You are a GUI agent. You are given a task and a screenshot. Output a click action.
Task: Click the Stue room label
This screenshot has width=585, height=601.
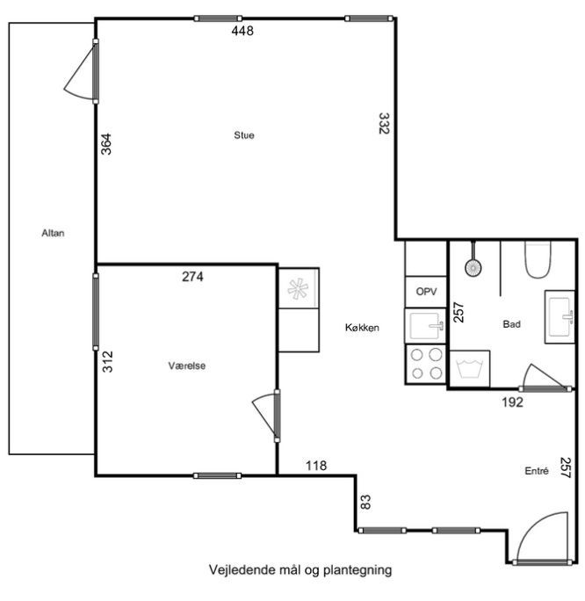click(x=244, y=135)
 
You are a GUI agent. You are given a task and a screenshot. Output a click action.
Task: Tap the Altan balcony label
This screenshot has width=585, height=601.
click(x=53, y=233)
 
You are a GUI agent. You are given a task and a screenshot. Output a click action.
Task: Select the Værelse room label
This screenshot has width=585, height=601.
click(x=187, y=366)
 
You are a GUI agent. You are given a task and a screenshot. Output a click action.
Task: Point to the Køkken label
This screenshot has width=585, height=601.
click(x=362, y=328)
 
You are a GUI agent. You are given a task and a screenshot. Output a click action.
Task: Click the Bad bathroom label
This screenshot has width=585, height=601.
click(x=511, y=324)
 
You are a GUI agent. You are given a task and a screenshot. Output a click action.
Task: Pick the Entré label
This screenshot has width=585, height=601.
click(x=537, y=471)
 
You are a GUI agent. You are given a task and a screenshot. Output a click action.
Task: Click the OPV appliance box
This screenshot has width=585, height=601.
click(x=426, y=292)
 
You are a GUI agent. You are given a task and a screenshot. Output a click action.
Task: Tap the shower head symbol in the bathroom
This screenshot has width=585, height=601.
click(x=473, y=267)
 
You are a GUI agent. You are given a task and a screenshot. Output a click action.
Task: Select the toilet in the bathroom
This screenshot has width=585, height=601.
click(x=538, y=259)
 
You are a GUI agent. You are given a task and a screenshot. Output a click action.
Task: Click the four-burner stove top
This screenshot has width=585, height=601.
click(x=426, y=364)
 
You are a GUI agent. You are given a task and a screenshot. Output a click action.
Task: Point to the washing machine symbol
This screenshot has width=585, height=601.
click(x=470, y=369)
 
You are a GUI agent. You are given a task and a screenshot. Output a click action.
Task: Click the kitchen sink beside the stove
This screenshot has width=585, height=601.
click(x=426, y=326)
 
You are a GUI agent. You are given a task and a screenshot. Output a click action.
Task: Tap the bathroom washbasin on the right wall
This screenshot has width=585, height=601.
click(x=560, y=317)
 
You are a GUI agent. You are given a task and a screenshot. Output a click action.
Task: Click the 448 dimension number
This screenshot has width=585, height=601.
click(x=242, y=31)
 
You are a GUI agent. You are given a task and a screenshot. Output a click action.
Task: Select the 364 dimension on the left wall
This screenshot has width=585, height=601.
click(x=106, y=144)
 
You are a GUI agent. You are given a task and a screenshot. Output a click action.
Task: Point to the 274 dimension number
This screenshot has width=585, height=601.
click(x=192, y=277)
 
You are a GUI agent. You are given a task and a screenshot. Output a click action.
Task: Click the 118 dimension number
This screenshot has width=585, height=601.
click(x=316, y=466)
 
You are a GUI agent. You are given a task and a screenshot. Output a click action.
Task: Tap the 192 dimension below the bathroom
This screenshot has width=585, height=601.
click(x=513, y=402)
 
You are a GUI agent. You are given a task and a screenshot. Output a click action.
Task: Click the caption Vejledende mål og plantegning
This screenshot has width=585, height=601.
click(x=300, y=570)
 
